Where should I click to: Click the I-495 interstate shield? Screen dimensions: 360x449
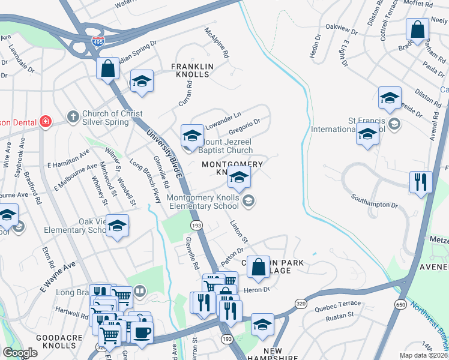click(98, 41)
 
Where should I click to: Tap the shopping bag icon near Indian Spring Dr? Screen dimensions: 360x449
click(108, 68)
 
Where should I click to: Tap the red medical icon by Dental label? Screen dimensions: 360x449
click(44, 122)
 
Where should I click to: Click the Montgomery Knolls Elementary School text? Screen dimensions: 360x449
click(202, 202)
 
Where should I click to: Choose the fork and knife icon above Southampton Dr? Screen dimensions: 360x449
click(420, 181)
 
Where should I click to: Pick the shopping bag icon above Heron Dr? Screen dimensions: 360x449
click(258, 267)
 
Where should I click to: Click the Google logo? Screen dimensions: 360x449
click(20, 353)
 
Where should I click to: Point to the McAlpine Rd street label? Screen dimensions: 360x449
click(217, 43)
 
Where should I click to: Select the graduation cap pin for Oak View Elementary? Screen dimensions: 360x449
click(118, 226)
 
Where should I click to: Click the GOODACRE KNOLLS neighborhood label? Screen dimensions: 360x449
click(59, 343)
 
